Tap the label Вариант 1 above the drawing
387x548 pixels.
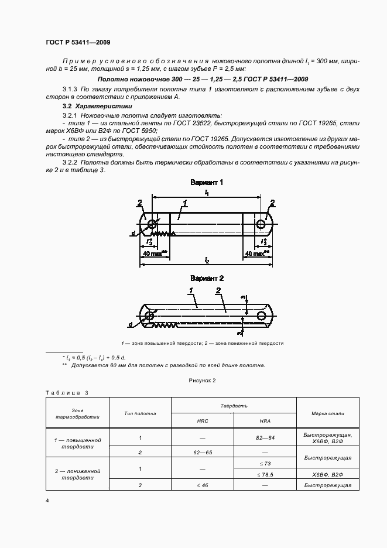click(207, 183)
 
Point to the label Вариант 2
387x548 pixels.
click(207, 279)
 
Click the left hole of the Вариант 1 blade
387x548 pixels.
click(153, 224)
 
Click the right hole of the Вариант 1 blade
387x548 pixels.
click(261, 224)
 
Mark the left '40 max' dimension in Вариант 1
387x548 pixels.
click(153, 254)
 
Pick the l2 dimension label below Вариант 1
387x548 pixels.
click(207, 259)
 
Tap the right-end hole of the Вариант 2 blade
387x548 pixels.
click(261, 316)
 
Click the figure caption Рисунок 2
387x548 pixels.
click(202, 381)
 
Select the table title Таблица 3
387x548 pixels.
click(66, 393)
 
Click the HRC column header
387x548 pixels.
click(202, 421)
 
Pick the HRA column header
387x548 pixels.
click(265, 421)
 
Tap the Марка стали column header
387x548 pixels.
click(328, 413)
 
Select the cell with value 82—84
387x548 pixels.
click(265, 437)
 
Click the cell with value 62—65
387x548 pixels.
click(202, 453)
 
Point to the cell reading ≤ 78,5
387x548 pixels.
click(265, 474)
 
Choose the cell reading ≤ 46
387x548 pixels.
click(202, 485)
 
